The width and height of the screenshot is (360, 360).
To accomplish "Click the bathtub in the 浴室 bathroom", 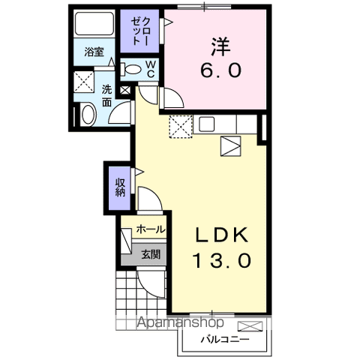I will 95,25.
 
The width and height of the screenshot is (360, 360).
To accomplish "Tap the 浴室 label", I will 94,52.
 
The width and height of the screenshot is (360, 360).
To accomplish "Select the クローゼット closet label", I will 139,33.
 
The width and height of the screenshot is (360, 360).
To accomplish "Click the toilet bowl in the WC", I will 133,70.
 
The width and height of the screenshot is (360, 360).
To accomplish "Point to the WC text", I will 150,70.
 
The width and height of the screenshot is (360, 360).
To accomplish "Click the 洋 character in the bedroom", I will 219,46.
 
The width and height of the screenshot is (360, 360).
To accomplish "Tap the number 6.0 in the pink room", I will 219,70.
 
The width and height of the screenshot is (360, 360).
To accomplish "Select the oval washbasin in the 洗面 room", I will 88,115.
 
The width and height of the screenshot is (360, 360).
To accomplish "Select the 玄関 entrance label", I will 151,254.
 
